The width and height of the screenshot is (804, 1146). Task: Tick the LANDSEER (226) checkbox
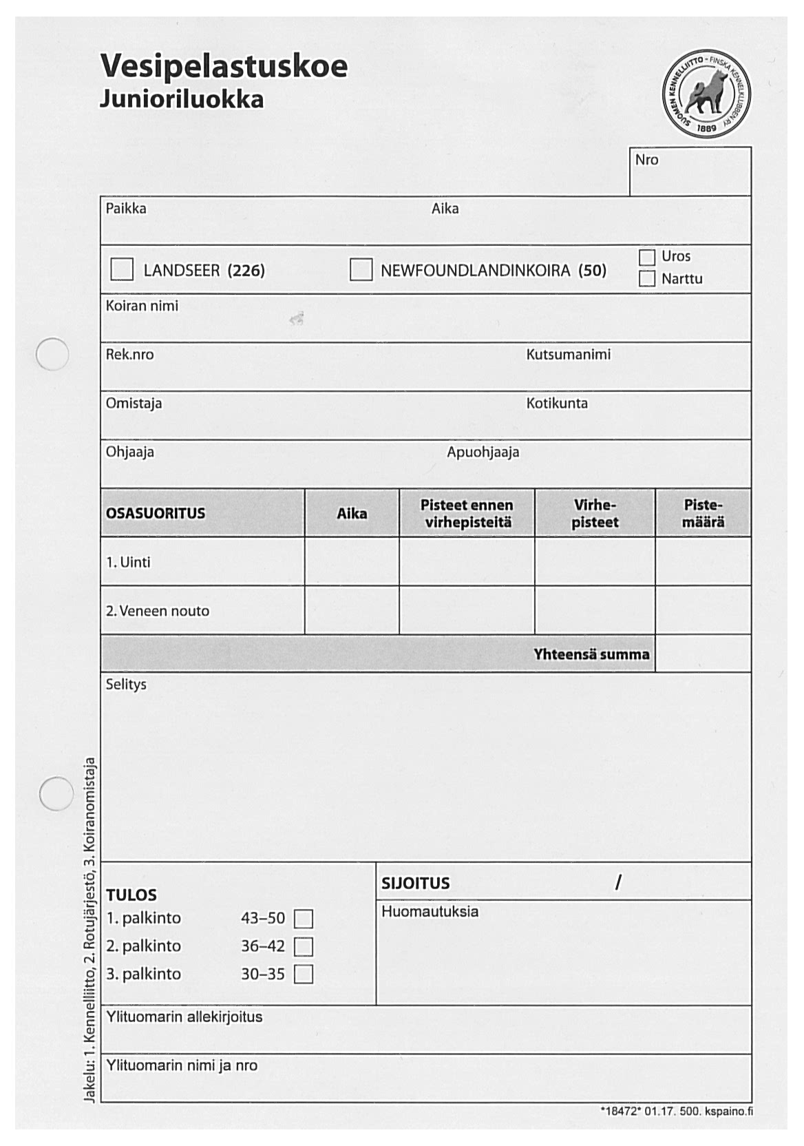[122, 269]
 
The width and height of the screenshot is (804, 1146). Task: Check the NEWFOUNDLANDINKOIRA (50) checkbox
[361, 269]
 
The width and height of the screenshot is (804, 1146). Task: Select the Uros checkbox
[646, 257]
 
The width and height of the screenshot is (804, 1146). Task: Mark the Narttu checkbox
[646, 279]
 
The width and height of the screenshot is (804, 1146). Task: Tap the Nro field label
[646, 160]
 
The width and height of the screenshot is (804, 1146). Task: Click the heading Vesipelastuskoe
[224, 66]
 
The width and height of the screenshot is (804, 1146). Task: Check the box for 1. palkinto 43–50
[304, 919]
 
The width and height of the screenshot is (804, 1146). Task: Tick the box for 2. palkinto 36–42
[304, 947]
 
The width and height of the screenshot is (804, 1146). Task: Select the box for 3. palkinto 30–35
[304, 975]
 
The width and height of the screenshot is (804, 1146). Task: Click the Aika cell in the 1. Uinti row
[352, 562]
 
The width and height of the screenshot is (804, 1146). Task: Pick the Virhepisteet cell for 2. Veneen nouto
[595, 610]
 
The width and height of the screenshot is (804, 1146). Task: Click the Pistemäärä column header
[703, 513]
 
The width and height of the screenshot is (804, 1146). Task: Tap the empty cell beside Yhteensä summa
[703, 654]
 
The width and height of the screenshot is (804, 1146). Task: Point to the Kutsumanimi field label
[569, 355]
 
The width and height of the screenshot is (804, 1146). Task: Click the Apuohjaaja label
[483, 452]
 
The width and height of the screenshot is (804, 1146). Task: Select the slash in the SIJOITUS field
[619, 882]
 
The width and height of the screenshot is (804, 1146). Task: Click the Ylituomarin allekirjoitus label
[184, 1017]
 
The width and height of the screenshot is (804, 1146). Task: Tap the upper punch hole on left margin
[52, 355]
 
